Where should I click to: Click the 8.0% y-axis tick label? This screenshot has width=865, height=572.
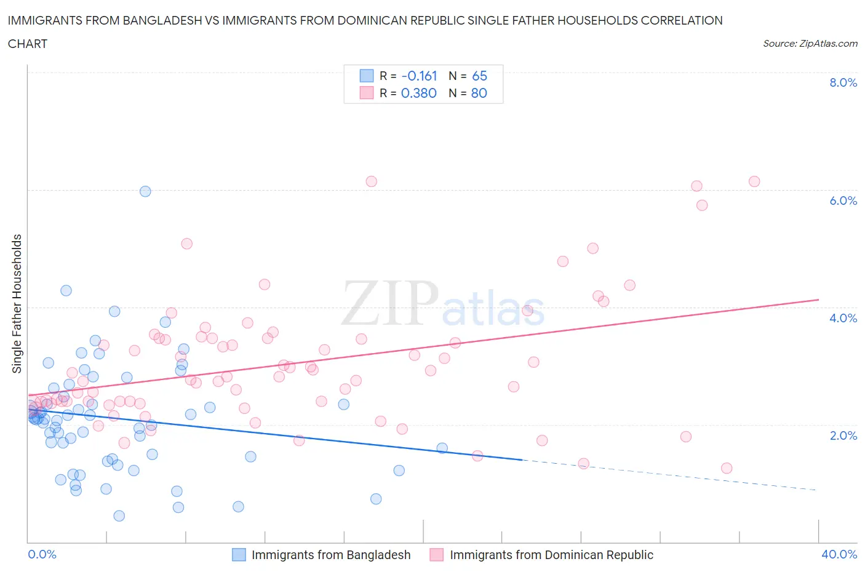(843, 82)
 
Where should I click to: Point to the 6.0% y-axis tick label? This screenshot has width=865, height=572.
(843, 201)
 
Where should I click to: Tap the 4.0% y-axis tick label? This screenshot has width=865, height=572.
(843, 318)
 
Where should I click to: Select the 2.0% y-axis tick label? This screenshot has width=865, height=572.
(843, 435)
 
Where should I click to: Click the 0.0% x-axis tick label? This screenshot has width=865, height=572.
(42, 554)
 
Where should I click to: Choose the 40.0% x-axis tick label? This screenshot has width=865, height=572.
(839, 554)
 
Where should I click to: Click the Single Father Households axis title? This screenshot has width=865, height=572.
(17, 303)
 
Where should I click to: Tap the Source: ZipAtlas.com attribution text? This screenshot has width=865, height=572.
(810, 43)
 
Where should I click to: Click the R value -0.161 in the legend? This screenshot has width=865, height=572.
(419, 76)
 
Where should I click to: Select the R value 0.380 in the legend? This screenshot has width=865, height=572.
(419, 93)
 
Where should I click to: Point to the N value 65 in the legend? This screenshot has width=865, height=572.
(479, 76)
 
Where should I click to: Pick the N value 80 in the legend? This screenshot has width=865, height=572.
(479, 93)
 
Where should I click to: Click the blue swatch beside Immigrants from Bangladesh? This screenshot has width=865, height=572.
(239, 555)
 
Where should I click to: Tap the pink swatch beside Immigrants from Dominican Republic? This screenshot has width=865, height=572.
(437, 555)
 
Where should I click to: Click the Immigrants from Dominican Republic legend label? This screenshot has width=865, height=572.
(551, 555)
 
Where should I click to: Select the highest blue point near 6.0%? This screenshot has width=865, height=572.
(145, 191)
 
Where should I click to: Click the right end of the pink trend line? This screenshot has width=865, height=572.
(818, 300)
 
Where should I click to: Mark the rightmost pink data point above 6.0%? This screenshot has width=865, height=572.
(754, 181)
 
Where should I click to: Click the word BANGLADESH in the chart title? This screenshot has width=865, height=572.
(161, 20)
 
